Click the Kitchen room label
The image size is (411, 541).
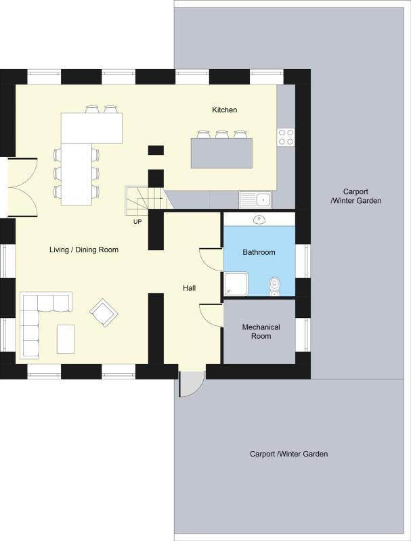pos(225,110)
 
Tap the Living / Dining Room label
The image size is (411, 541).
pos(84,250)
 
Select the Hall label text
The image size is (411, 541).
pos(190,288)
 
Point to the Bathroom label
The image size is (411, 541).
pos(259,252)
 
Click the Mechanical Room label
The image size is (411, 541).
pos(261,331)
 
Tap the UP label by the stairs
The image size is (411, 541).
pos(137,222)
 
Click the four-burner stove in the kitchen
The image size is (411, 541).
pos(286,137)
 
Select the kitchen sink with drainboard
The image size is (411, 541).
pos(255,199)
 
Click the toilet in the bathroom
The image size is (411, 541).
pos(274,286)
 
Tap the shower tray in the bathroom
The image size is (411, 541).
pos(236,284)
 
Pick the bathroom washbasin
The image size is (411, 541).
pos(259,219)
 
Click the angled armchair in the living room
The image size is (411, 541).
pos(104,312)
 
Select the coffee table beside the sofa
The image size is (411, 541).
pos(66,339)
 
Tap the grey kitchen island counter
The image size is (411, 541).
pos(221,154)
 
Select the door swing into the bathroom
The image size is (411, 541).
pos(211,260)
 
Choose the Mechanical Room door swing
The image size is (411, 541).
pos(211,315)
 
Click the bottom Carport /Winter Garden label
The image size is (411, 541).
pos(288,454)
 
